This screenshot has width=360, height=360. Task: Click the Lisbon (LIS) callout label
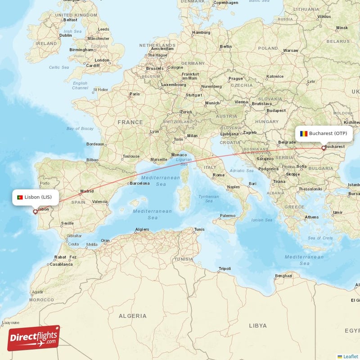coord(35,197)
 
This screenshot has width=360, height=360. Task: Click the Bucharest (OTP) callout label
coord(324,133)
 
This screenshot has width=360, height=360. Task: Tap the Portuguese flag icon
coord(20,197)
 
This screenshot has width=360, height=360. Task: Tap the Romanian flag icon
coord(304,133)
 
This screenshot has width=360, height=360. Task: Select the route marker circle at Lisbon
coord(35,211)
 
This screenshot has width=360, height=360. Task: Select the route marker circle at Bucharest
coord(324,148)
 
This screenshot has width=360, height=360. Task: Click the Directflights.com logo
coord(34,338)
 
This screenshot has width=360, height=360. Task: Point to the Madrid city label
coord(87,191)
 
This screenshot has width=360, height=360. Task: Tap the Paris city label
coord(135,94)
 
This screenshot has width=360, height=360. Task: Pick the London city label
coord(102,60)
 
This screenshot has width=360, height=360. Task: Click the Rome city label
coord(219,175)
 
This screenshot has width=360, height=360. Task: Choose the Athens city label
coord(312,217)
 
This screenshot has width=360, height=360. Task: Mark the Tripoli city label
coord(225,269)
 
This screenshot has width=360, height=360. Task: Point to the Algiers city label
coord(142,229)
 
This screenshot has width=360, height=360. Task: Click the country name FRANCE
coord(130,122)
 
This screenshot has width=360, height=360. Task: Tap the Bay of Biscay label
coord(80,129)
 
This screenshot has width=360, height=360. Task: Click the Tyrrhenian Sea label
coord(209,198)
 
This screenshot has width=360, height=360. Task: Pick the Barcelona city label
coord(139,183)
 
